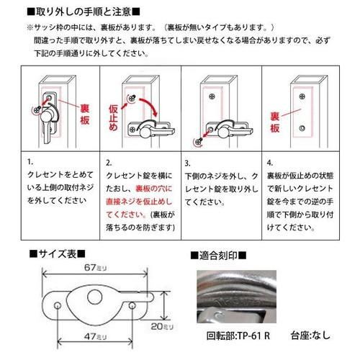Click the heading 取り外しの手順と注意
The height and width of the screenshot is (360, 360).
pyautogui.click(x=84, y=12)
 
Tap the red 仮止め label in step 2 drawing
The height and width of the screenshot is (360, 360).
pyautogui.click(x=113, y=117)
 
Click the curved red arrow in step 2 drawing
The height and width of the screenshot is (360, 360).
pyautogui.click(x=149, y=106)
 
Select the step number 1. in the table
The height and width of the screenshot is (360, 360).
pyautogui.click(x=30, y=162)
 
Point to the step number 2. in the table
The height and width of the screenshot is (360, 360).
pyautogui.click(x=109, y=163)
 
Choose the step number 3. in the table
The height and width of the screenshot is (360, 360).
pyautogui.click(x=187, y=163)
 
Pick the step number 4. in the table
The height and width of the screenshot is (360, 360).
pyautogui.click(x=270, y=163)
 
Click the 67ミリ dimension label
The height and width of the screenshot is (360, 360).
pyautogui.click(x=95, y=267)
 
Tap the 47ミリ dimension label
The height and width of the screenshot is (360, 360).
pyautogui.click(x=95, y=336)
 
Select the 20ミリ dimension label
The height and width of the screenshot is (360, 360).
pyautogui.click(x=162, y=326)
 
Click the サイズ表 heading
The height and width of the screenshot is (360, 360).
pyautogui.click(x=58, y=254)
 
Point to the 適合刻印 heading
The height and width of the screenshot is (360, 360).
pyautogui.click(x=218, y=256)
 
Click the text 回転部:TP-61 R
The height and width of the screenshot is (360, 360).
pyautogui.click(x=238, y=336)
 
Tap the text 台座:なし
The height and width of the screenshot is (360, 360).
pyautogui.click(x=310, y=336)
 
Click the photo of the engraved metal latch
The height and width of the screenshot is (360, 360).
pyautogui.click(x=236, y=297)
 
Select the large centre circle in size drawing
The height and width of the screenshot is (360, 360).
pyautogui.click(x=94, y=297)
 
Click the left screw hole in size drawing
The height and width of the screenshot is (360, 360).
pyautogui.click(x=58, y=306)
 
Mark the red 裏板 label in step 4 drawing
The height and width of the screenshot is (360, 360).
pyautogui.click(x=275, y=122)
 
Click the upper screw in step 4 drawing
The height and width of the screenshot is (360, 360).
pyautogui.click(x=302, y=96)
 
